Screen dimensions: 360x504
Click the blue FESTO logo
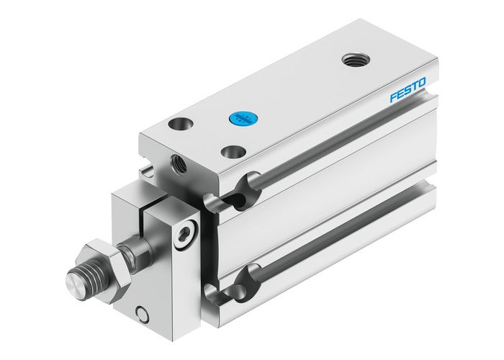click(408, 91)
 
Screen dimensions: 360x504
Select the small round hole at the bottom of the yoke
click(143, 314)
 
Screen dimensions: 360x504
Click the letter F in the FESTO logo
click(393, 98)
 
